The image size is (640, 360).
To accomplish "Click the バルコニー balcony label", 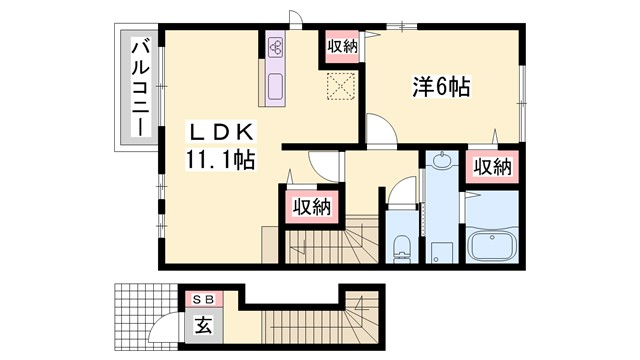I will click(141, 88).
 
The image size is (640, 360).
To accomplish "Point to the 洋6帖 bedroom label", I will click(442, 88).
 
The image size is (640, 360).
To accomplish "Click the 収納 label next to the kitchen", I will click(340, 46).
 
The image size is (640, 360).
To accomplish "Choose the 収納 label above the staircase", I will click(311, 207).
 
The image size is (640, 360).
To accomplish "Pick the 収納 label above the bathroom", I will click(493, 166).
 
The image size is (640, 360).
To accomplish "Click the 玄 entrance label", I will click(203, 325).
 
